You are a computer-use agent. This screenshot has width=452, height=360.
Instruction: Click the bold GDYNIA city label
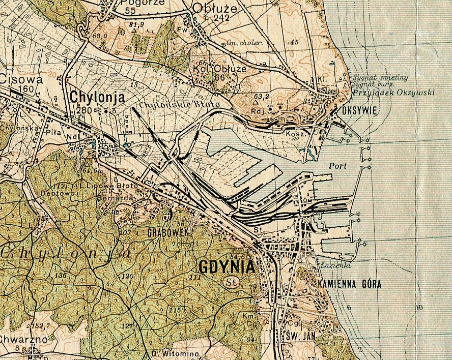coord(226,267)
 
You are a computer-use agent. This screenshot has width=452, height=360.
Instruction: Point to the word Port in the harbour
coord(337,166)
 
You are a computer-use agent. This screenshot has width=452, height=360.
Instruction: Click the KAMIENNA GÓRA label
coord(349,284)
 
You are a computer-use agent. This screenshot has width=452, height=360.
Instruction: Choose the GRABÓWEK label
coord(168,232)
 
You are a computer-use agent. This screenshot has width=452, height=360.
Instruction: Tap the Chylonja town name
coord(97,97)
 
